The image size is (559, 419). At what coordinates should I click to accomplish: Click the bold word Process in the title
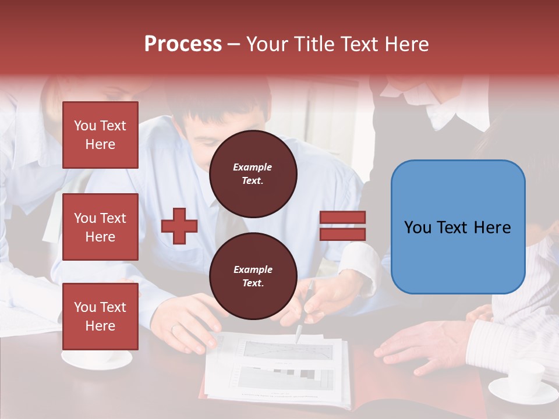click(x=183, y=44)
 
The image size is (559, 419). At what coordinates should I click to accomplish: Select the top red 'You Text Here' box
click(x=100, y=135)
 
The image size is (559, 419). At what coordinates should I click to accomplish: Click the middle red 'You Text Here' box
click(x=100, y=227)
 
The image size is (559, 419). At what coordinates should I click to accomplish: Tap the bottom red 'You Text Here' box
click(x=100, y=317)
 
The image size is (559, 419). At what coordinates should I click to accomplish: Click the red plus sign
click(x=179, y=226)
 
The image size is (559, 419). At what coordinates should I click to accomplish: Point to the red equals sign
click(x=342, y=226)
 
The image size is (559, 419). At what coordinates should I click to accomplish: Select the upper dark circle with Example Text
click(x=253, y=173)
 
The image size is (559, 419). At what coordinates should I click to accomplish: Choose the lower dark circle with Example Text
click(x=253, y=276)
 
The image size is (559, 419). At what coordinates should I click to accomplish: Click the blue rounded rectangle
click(x=458, y=227)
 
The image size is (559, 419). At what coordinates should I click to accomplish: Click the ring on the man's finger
click(x=175, y=328)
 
